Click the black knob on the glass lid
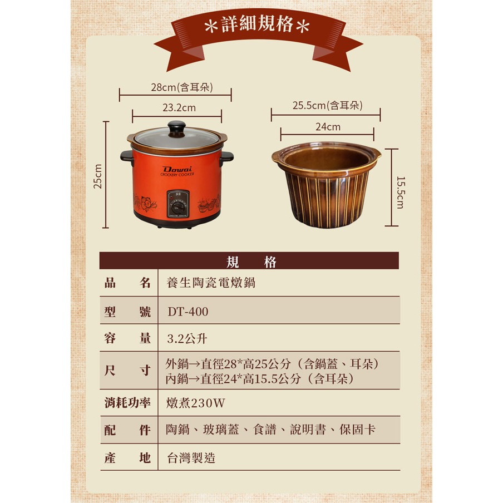176,129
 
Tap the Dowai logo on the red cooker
177,169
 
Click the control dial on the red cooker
177,207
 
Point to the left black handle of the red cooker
127,157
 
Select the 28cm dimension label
182,87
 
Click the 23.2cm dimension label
179,108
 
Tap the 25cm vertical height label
97,176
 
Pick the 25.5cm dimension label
328,105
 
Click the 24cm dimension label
328,127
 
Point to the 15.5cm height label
401,193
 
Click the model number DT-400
188,312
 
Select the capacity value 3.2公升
187,338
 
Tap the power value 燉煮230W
195,403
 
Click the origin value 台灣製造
191,458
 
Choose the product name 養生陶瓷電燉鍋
211,283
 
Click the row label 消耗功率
127,403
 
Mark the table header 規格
251,262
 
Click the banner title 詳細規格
257,24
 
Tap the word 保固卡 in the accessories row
357,430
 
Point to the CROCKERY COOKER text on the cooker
177,175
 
